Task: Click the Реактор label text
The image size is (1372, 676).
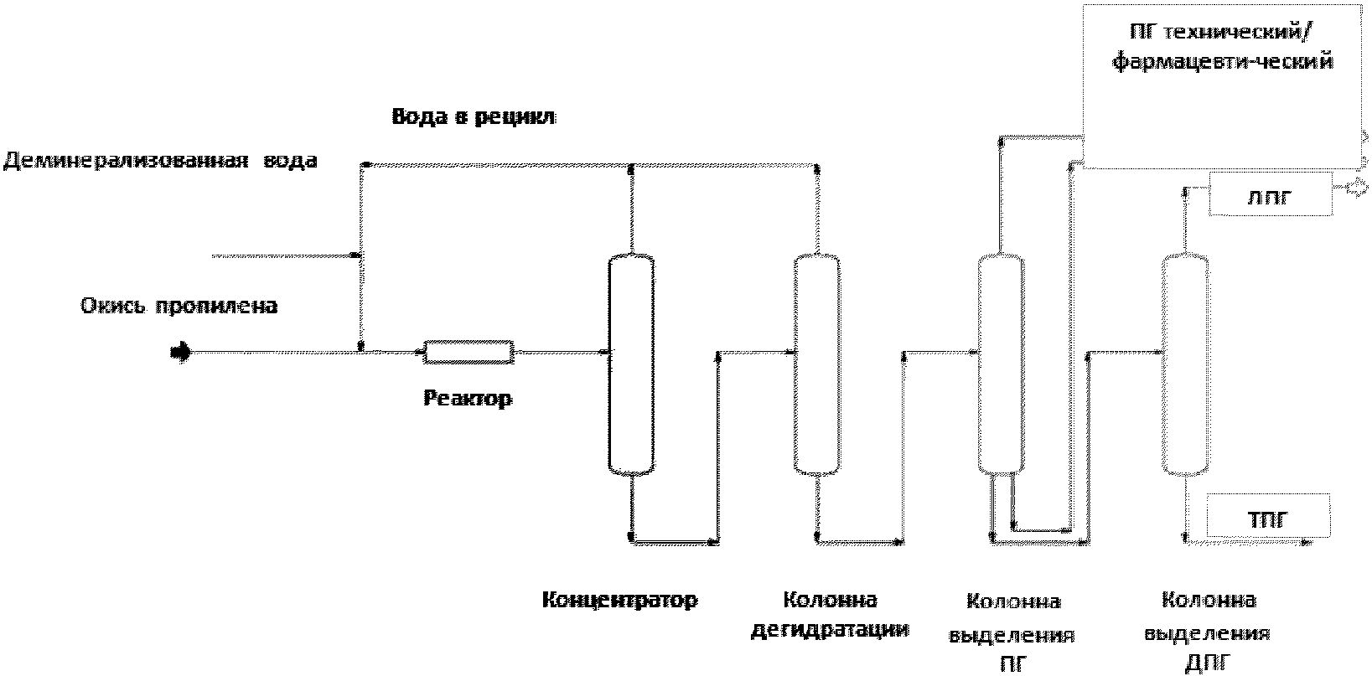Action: click(468, 399)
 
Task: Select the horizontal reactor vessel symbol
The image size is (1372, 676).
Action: click(469, 352)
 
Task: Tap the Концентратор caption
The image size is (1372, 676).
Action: click(620, 600)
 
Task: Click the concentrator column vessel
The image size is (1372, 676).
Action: click(631, 364)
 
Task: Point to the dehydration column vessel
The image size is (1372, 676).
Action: click(817, 364)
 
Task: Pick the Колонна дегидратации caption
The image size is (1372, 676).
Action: click(830, 615)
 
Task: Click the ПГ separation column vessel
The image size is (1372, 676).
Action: click(1000, 364)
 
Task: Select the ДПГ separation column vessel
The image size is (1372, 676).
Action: click(1186, 364)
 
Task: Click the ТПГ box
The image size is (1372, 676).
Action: click(1268, 515)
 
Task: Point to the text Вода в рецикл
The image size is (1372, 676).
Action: click(474, 116)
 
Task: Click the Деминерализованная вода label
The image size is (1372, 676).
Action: click(160, 161)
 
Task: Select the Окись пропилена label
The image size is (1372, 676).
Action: click(179, 306)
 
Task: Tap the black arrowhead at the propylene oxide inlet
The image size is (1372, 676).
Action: click(181, 352)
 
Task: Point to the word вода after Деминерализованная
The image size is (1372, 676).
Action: click(290, 161)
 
